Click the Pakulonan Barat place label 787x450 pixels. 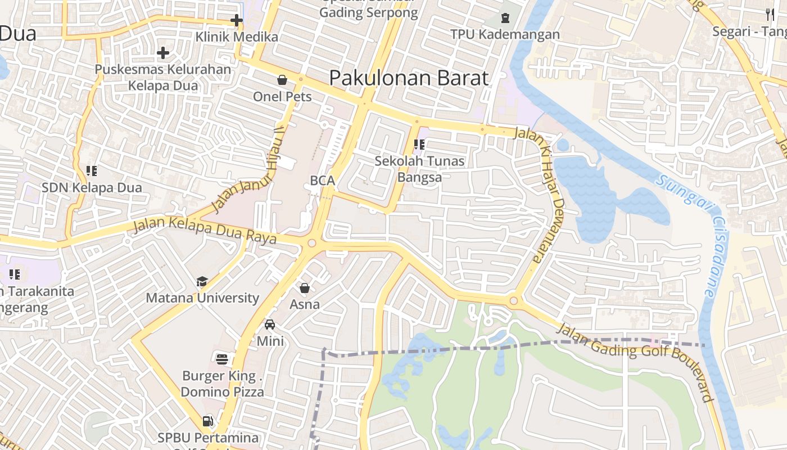[x=409, y=78]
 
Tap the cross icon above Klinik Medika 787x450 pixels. [x=237, y=21]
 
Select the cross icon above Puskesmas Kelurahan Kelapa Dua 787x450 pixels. [x=163, y=53]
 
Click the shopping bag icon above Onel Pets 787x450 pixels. [x=282, y=80]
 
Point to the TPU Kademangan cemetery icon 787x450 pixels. [x=505, y=18]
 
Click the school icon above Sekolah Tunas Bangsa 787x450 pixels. [x=419, y=145]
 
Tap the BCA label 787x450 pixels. [x=323, y=181]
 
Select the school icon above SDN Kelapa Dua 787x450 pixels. [x=92, y=170]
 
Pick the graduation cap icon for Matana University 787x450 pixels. [x=202, y=281]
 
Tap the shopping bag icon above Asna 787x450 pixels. [x=305, y=288]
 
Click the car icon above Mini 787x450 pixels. [x=270, y=325]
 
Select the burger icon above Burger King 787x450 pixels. [x=222, y=358]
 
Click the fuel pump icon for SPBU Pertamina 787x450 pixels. [x=207, y=421]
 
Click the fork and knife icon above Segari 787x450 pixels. [x=770, y=14]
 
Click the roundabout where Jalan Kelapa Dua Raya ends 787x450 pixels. [x=311, y=244]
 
